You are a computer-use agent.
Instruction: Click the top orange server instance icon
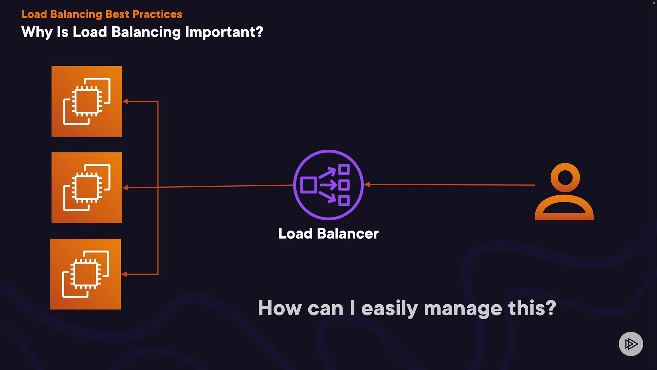click(87, 101)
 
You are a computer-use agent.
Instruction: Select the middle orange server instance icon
click(87, 188)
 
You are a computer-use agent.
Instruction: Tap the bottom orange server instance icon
click(86, 274)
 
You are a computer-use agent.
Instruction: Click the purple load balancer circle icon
click(328, 185)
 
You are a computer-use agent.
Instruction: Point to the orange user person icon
click(564, 192)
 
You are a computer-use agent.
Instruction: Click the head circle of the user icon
click(565, 177)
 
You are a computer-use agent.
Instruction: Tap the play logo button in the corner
click(631, 344)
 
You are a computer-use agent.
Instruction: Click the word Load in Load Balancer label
click(295, 234)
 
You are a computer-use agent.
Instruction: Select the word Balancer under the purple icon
click(348, 234)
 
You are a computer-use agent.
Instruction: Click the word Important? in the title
click(224, 32)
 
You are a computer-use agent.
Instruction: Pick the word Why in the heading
click(37, 32)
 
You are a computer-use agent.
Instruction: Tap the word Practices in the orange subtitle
click(157, 14)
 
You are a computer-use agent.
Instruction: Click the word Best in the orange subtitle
click(117, 14)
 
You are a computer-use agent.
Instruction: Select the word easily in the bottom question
click(389, 308)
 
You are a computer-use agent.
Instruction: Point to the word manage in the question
click(463, 308)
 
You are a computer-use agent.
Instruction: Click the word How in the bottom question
click(280, 308)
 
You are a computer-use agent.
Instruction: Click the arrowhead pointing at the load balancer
click(367, 184)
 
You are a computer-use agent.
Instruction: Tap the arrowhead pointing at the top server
click(126, 101)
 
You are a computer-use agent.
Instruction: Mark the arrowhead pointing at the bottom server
click(125, 274)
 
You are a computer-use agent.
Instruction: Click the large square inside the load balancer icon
click(308, 185)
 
